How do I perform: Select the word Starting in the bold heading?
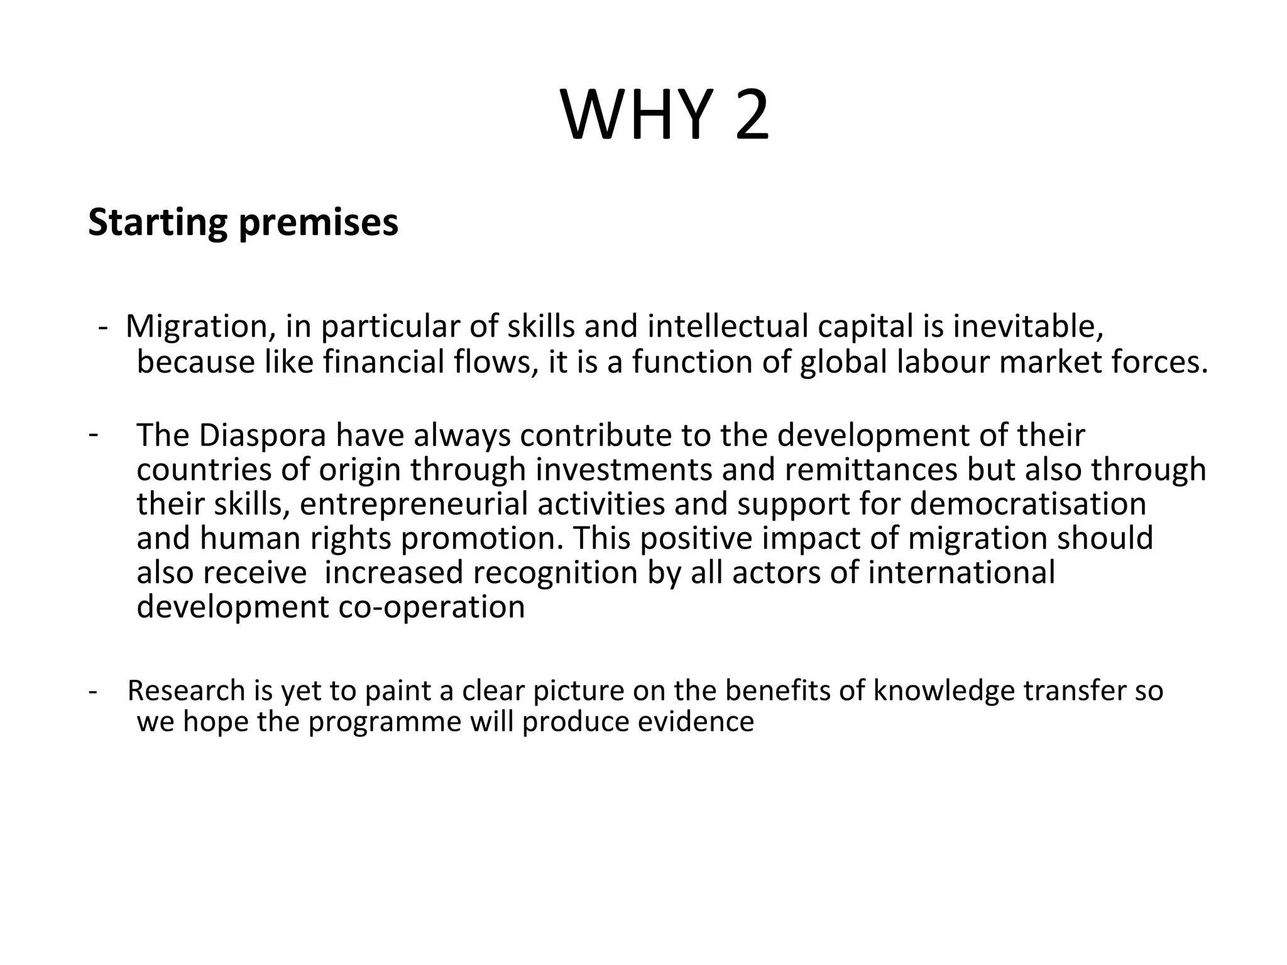tap(158, 223)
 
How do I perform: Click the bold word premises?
tap(319, 223)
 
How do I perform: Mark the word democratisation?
tap(1028, 504)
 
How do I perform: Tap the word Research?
tap(186, 690)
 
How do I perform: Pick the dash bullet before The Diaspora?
tap(93, 433)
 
